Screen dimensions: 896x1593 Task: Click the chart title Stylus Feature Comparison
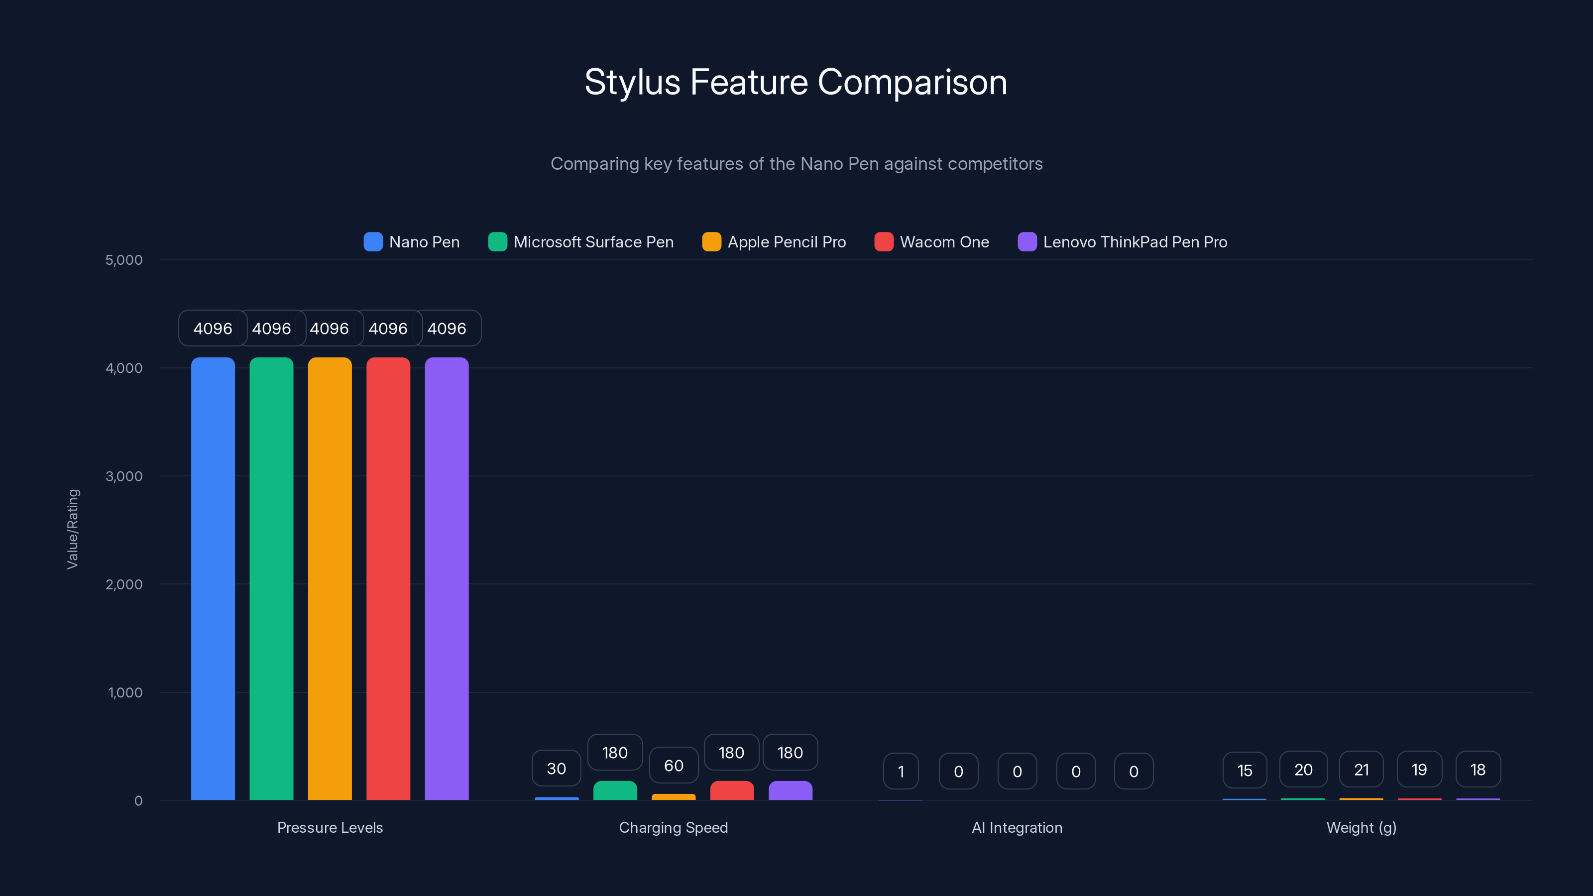[796, 82]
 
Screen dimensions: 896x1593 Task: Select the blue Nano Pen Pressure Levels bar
[213, 578]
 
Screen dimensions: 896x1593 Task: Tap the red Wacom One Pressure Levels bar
[388, 578]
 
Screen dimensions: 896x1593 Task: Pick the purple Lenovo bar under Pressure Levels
[447, 578]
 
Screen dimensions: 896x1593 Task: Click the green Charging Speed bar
[615, 790]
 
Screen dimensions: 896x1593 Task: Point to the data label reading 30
[556, 769]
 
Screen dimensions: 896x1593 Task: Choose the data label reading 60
[674, 766]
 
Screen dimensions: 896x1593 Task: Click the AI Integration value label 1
[901, 772]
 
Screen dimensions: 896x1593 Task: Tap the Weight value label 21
[1361, 770]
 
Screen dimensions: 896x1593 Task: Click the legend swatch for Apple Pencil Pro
[711, 242]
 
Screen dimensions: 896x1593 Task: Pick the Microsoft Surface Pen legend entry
[593, 242]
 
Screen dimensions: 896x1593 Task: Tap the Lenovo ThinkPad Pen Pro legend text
[1135, 242]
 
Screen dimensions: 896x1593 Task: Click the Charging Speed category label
[674, 827]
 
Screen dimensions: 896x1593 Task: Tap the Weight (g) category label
[1361, 827]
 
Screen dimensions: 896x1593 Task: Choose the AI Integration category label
[1017, 827]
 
